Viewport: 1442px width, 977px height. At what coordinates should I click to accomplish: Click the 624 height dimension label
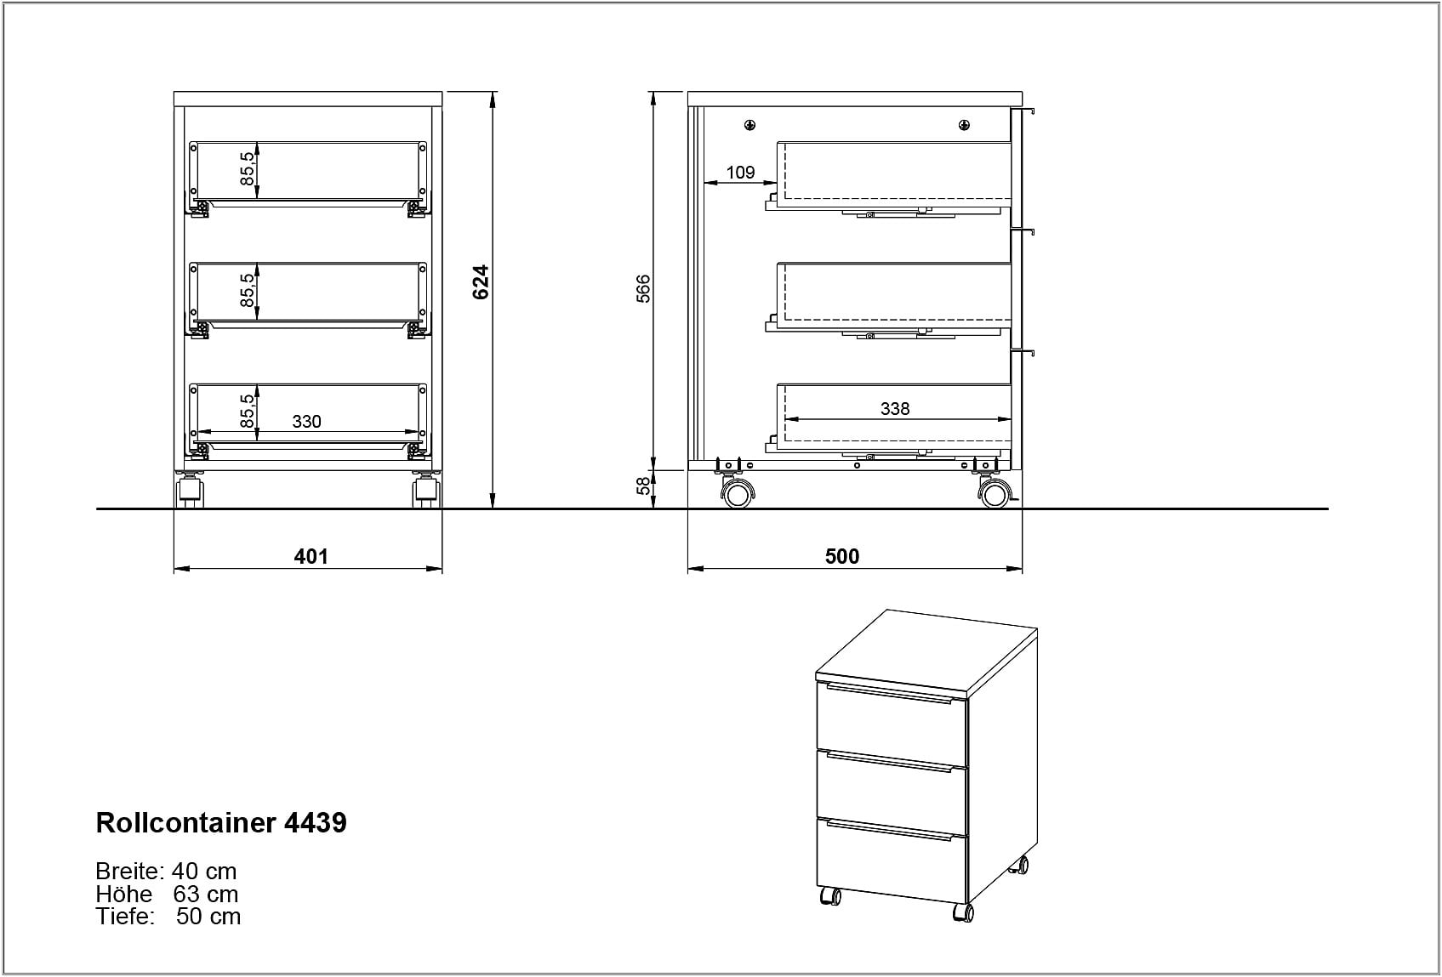tap(481, 282)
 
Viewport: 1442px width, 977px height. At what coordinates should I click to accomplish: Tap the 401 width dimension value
tap(311, 556)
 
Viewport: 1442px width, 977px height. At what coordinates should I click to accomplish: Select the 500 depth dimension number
tap(842, 556)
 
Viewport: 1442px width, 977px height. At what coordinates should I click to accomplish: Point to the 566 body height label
tap(643, 288)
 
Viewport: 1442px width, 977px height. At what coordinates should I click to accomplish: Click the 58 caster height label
tap(643, 486)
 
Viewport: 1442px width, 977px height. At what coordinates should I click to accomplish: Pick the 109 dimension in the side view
tap(740, 173)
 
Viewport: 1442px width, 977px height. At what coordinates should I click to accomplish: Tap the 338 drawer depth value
tap(895, 409)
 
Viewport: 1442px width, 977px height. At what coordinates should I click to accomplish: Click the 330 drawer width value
tap(306, 422)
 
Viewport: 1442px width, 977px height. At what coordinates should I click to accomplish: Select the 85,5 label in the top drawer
tap(248, 168)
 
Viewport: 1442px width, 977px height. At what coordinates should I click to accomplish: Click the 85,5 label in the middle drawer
tap(248, 290)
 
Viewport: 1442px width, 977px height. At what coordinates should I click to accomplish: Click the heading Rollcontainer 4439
tap(221, 822)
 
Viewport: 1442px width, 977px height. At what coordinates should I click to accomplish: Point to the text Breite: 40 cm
tap(166, 871)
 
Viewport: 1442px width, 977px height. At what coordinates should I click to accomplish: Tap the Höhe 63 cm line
tap(167, 894)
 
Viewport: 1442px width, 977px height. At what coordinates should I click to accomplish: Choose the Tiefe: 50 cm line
tap(168, 916)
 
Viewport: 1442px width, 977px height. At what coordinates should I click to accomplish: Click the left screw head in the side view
tap(749, 126)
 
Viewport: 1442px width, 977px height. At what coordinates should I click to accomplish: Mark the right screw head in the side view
tap(964, 126)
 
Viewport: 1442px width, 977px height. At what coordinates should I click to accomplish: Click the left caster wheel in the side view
tap(737, 494)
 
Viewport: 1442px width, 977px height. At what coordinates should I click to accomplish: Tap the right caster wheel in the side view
tap(994, 494)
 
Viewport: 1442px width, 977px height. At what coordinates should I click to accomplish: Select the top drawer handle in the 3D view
tap(889, 695)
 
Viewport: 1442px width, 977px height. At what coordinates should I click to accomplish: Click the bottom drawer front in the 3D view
tap(892, 860)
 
